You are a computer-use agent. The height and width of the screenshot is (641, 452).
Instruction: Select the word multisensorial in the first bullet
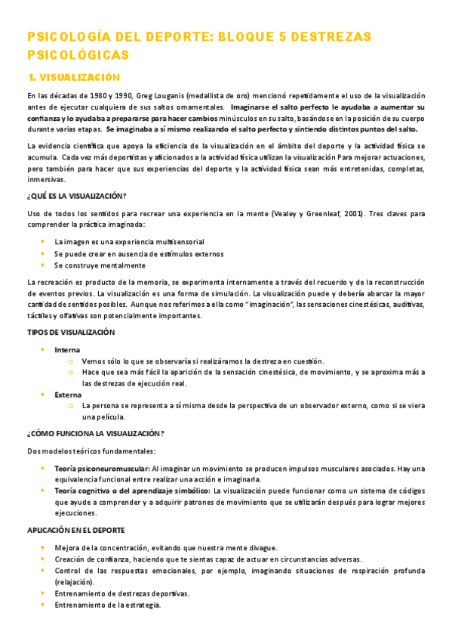(188, 241)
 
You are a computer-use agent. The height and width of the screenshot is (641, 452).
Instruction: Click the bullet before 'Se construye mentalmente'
(43, 265)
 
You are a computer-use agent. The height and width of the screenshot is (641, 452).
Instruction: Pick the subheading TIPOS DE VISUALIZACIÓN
(71, 332)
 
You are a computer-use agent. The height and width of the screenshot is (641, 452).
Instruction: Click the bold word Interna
(67, 349)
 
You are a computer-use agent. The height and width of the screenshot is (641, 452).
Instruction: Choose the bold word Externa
(68, 395)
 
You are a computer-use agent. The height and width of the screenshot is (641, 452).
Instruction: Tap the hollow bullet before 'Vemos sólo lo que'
(71, 361)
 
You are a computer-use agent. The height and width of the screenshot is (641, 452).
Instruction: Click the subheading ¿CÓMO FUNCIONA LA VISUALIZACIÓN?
(96, 433)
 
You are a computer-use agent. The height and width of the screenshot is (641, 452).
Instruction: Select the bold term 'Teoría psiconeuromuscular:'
(102, 469)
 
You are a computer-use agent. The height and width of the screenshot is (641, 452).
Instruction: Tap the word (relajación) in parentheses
(75, 583)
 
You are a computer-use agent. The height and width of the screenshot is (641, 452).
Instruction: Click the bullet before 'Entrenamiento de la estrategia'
(43, 605)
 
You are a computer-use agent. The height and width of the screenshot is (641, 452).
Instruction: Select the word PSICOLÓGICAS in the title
(78, 54)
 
